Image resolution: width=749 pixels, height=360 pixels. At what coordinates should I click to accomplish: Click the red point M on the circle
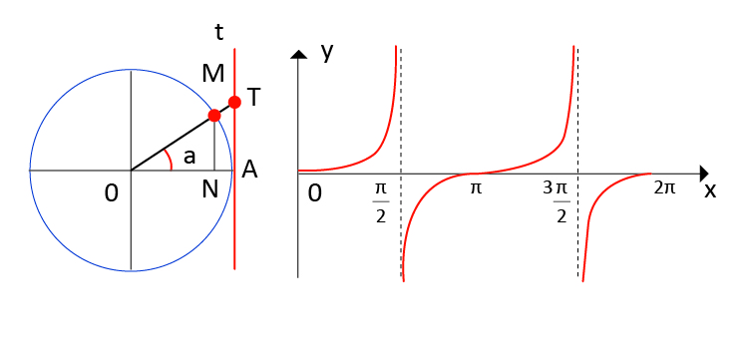click(214, 116)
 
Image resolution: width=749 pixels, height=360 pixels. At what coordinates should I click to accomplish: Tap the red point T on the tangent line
click(234, 102)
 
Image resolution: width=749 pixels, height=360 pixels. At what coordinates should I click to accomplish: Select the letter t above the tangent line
click(219, 32)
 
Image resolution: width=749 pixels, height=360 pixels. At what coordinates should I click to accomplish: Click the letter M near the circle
click(212, 74)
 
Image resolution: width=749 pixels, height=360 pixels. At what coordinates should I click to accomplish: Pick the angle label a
click(189, 156)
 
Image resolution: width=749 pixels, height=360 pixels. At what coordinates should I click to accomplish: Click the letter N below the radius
click(209, 188)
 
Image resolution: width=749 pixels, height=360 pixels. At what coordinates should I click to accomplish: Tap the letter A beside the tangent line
click(250, 171)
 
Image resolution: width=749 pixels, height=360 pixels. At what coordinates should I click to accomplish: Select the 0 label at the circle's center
click(112, 190)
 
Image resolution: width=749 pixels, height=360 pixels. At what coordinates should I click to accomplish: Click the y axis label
click(326, 51)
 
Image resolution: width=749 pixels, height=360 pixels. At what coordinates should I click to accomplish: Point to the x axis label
click(710, 190)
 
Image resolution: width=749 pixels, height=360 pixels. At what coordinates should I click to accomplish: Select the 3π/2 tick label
click(560, 202)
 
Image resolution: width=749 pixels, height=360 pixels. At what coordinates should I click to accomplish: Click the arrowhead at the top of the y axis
click(298, 53)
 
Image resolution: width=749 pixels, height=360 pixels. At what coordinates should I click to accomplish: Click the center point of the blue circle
click(131, 171)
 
